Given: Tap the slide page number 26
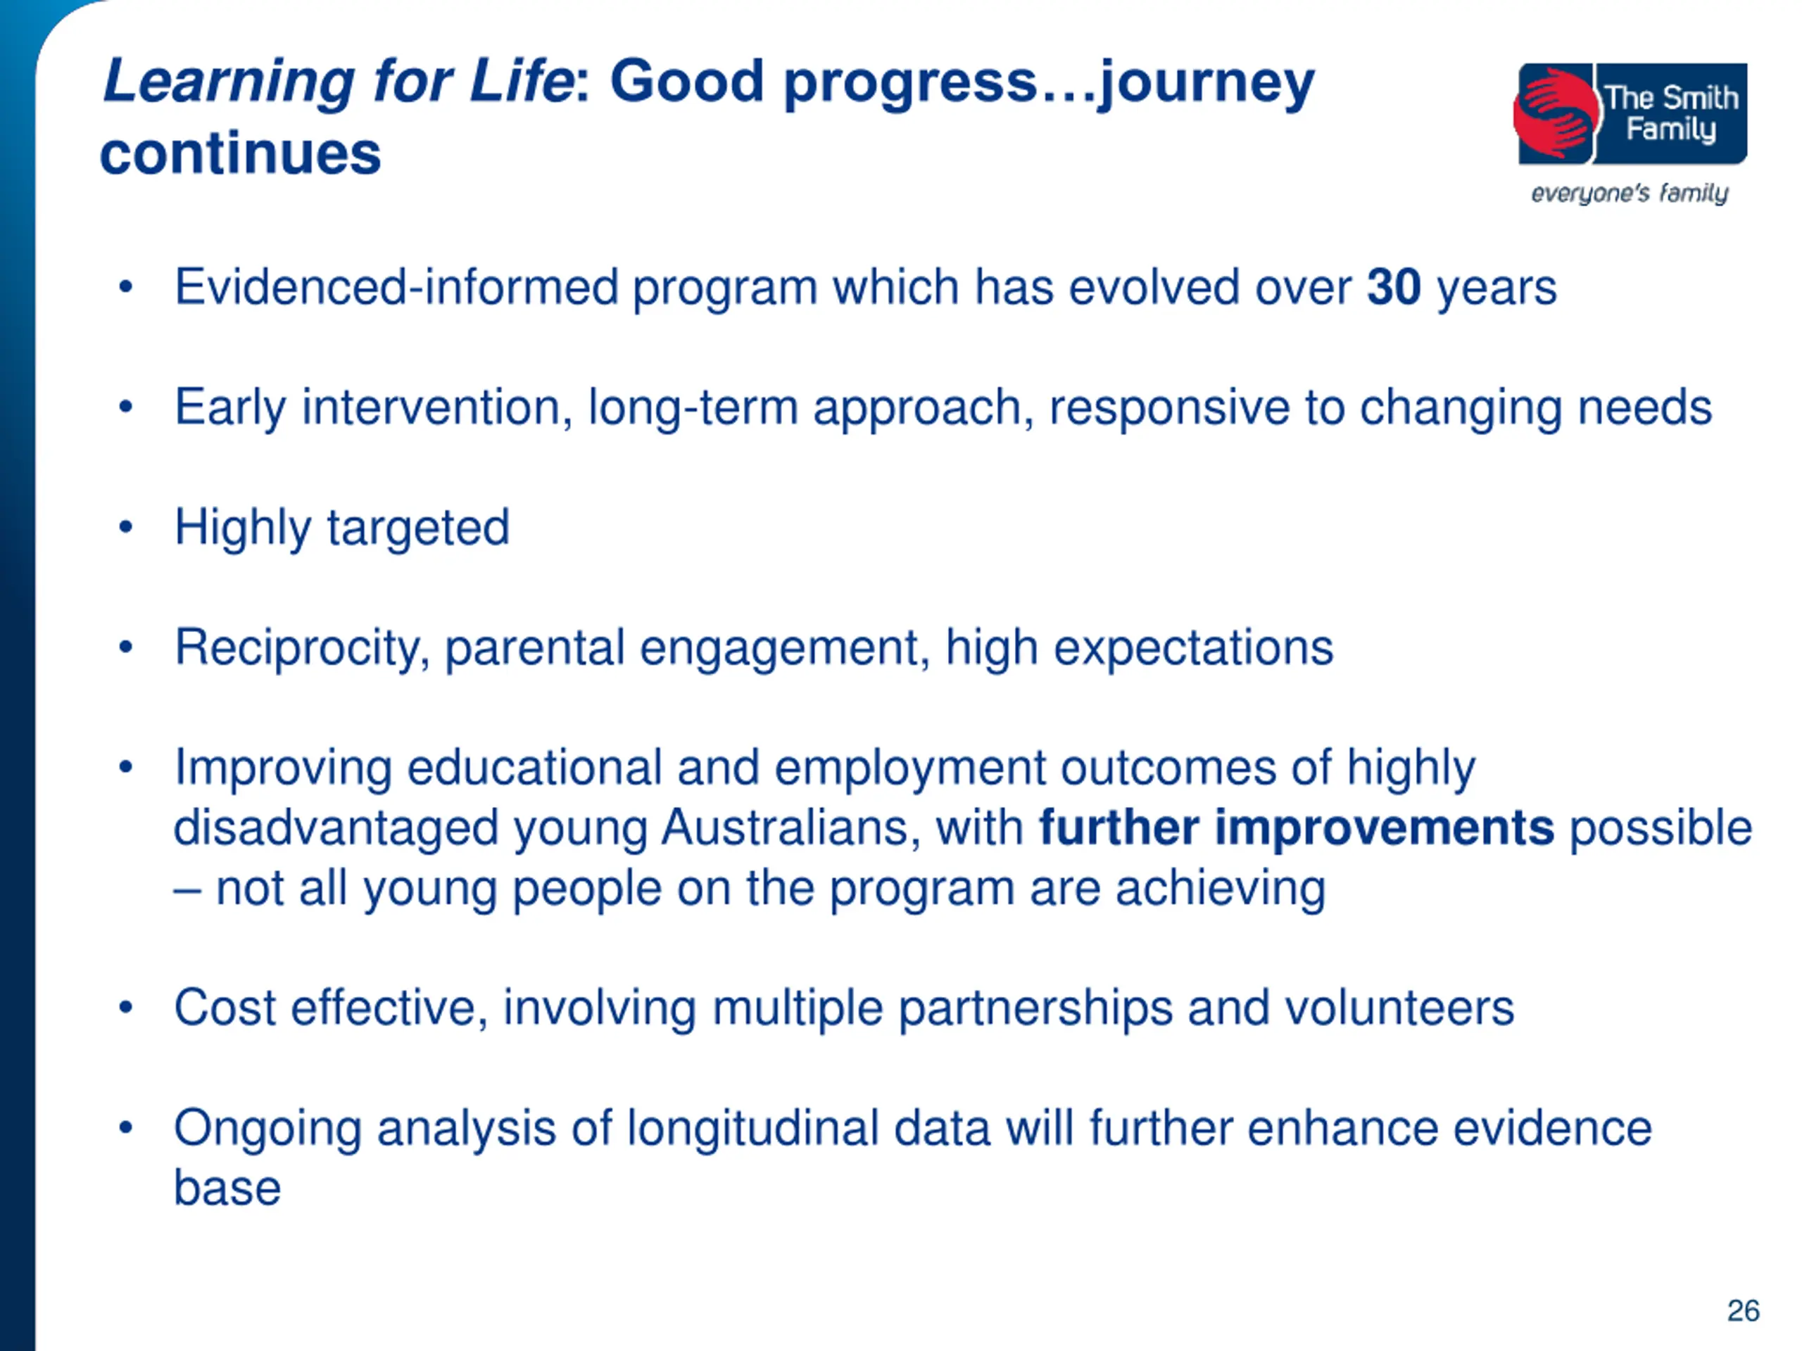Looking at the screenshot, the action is point(1744,1310).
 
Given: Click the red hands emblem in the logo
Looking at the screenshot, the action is point(1555,114).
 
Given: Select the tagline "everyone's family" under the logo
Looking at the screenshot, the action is point(1630,194).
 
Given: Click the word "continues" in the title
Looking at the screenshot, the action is point(240,153).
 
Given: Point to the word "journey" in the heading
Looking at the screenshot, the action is point(1205,84).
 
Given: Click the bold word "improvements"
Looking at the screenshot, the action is point(1384,828).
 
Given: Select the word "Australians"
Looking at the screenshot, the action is point(791,828).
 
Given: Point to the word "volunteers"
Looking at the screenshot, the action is point(1399,1008).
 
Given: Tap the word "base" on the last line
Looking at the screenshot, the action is point(227,1188).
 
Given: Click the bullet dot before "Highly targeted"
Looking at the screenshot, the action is point(125,527).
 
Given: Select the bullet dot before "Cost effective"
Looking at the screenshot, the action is point(125,1008).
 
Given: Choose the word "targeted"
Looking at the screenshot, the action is point(418,528).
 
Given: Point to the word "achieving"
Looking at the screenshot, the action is point(1221,889).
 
